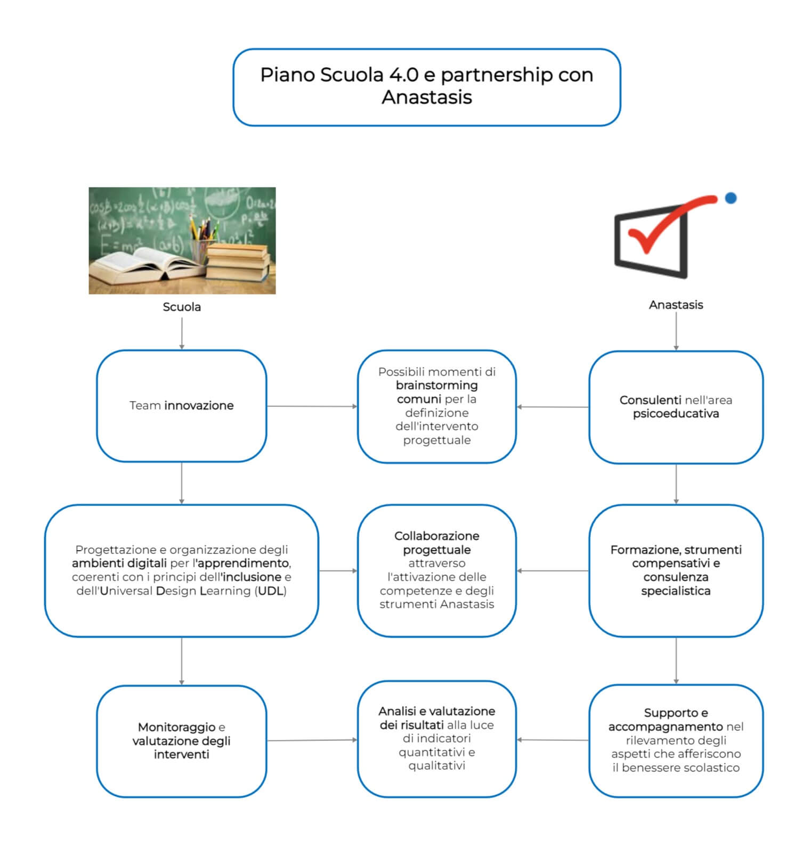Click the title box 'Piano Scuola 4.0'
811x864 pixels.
(x=426, y=87)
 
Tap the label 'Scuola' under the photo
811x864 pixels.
(x=182, y=307)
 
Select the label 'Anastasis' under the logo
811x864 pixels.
(x=676, y=305)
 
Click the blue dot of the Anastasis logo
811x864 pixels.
(x=731, y=198)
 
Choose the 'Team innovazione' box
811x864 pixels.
(x=182, y=406)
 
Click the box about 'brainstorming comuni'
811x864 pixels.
(x=436, y=406)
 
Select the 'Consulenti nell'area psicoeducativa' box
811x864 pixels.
(x=676, y=407)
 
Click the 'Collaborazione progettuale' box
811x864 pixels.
(x=436, y=570)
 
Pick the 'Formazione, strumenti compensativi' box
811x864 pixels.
(x=676, y=570)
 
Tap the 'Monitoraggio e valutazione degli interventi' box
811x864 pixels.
(x=182, y=740)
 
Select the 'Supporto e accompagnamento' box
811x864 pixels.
(x=676, y=740)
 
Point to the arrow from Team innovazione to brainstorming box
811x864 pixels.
(x=312, y=406)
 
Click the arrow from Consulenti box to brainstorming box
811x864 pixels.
(x=553, y=407)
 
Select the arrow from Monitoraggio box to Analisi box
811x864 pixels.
(x=312, y=740)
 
